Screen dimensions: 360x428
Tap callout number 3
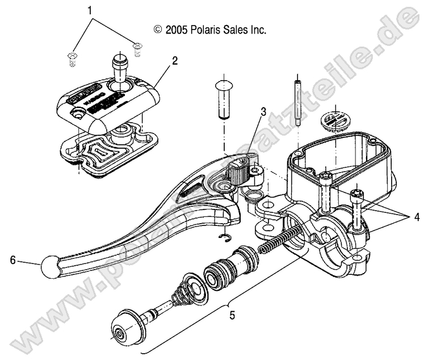(x=263, y=112)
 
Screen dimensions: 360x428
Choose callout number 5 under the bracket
(x=230, y=313)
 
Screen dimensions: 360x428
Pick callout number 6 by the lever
(x=12, y=261)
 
